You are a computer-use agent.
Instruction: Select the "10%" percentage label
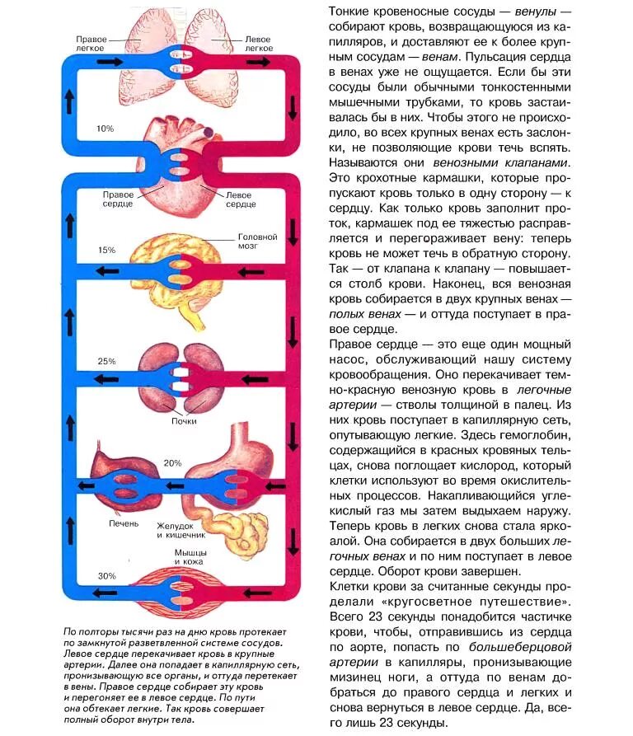[x=105, y=129]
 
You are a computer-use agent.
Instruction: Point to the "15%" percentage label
[x=106, y=250]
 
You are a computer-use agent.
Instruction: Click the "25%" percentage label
[x=106, y=361]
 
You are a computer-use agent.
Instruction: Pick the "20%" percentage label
[x=172, y=463]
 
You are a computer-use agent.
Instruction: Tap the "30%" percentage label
[x=107, y=575]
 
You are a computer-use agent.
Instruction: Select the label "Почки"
[x=184, y=421]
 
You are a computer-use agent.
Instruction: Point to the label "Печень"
[x=124, y=524]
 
